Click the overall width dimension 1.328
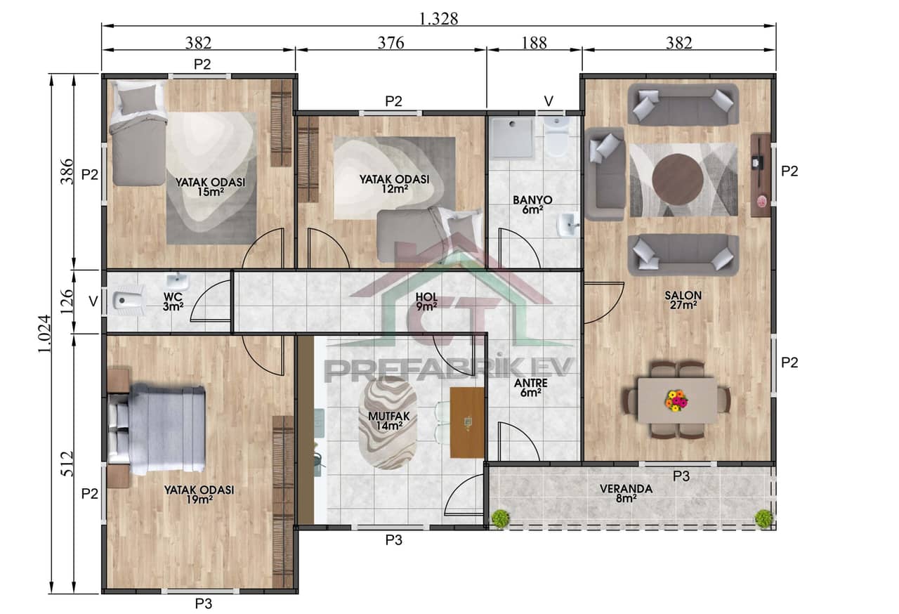click(438, 19)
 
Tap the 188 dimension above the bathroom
click(534, 43)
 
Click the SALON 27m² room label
click(681, 300)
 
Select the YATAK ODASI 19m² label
click(199, 495)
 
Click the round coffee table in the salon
click(678, 179)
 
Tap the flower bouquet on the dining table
click(676, 400)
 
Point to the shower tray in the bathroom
click(512, 138)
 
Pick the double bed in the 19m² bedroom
click(158, 429)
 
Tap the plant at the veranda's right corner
click(763, 518)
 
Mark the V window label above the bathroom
click(549, 101)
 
